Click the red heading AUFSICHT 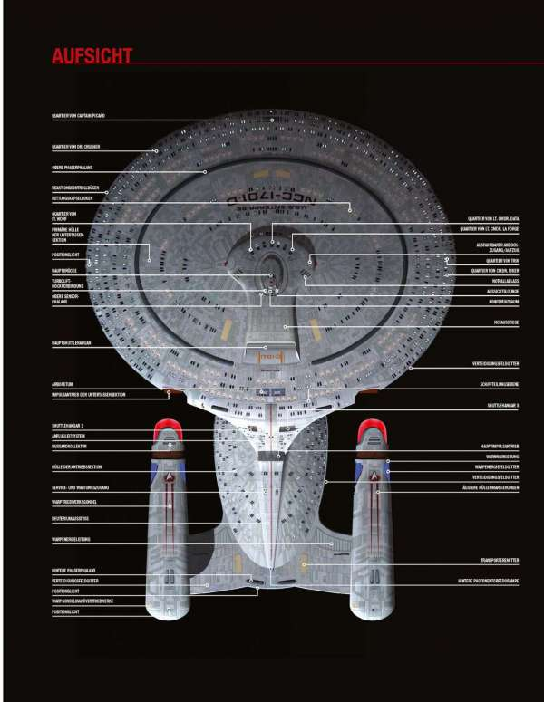coord(93,55)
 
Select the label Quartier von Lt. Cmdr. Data coord(493,218)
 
